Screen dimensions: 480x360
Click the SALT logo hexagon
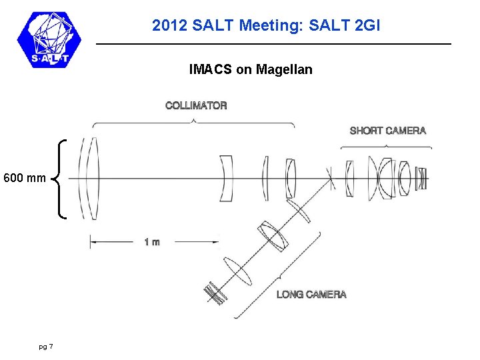click(x=48, y=39)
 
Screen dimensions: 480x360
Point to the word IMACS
click(x=209, y=69)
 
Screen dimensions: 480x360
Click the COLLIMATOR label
click(x=196, y=105)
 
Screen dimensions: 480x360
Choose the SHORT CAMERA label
click(x=387, y=131)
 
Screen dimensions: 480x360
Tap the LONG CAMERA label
click(x=311, y=294)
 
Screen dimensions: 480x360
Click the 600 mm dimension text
click(x=25, y=178)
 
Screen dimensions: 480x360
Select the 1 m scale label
click(x=152, y=242)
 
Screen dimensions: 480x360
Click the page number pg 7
click(x=46, y=346)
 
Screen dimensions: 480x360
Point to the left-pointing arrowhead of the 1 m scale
click(x=93, y=242)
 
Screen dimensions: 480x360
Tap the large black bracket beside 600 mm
click(x=61, y=178)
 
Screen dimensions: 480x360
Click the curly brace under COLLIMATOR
click(x=193, y=122)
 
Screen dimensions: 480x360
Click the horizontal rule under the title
click(x=273, y=44)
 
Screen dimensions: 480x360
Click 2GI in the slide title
click(x=365, y=26)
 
